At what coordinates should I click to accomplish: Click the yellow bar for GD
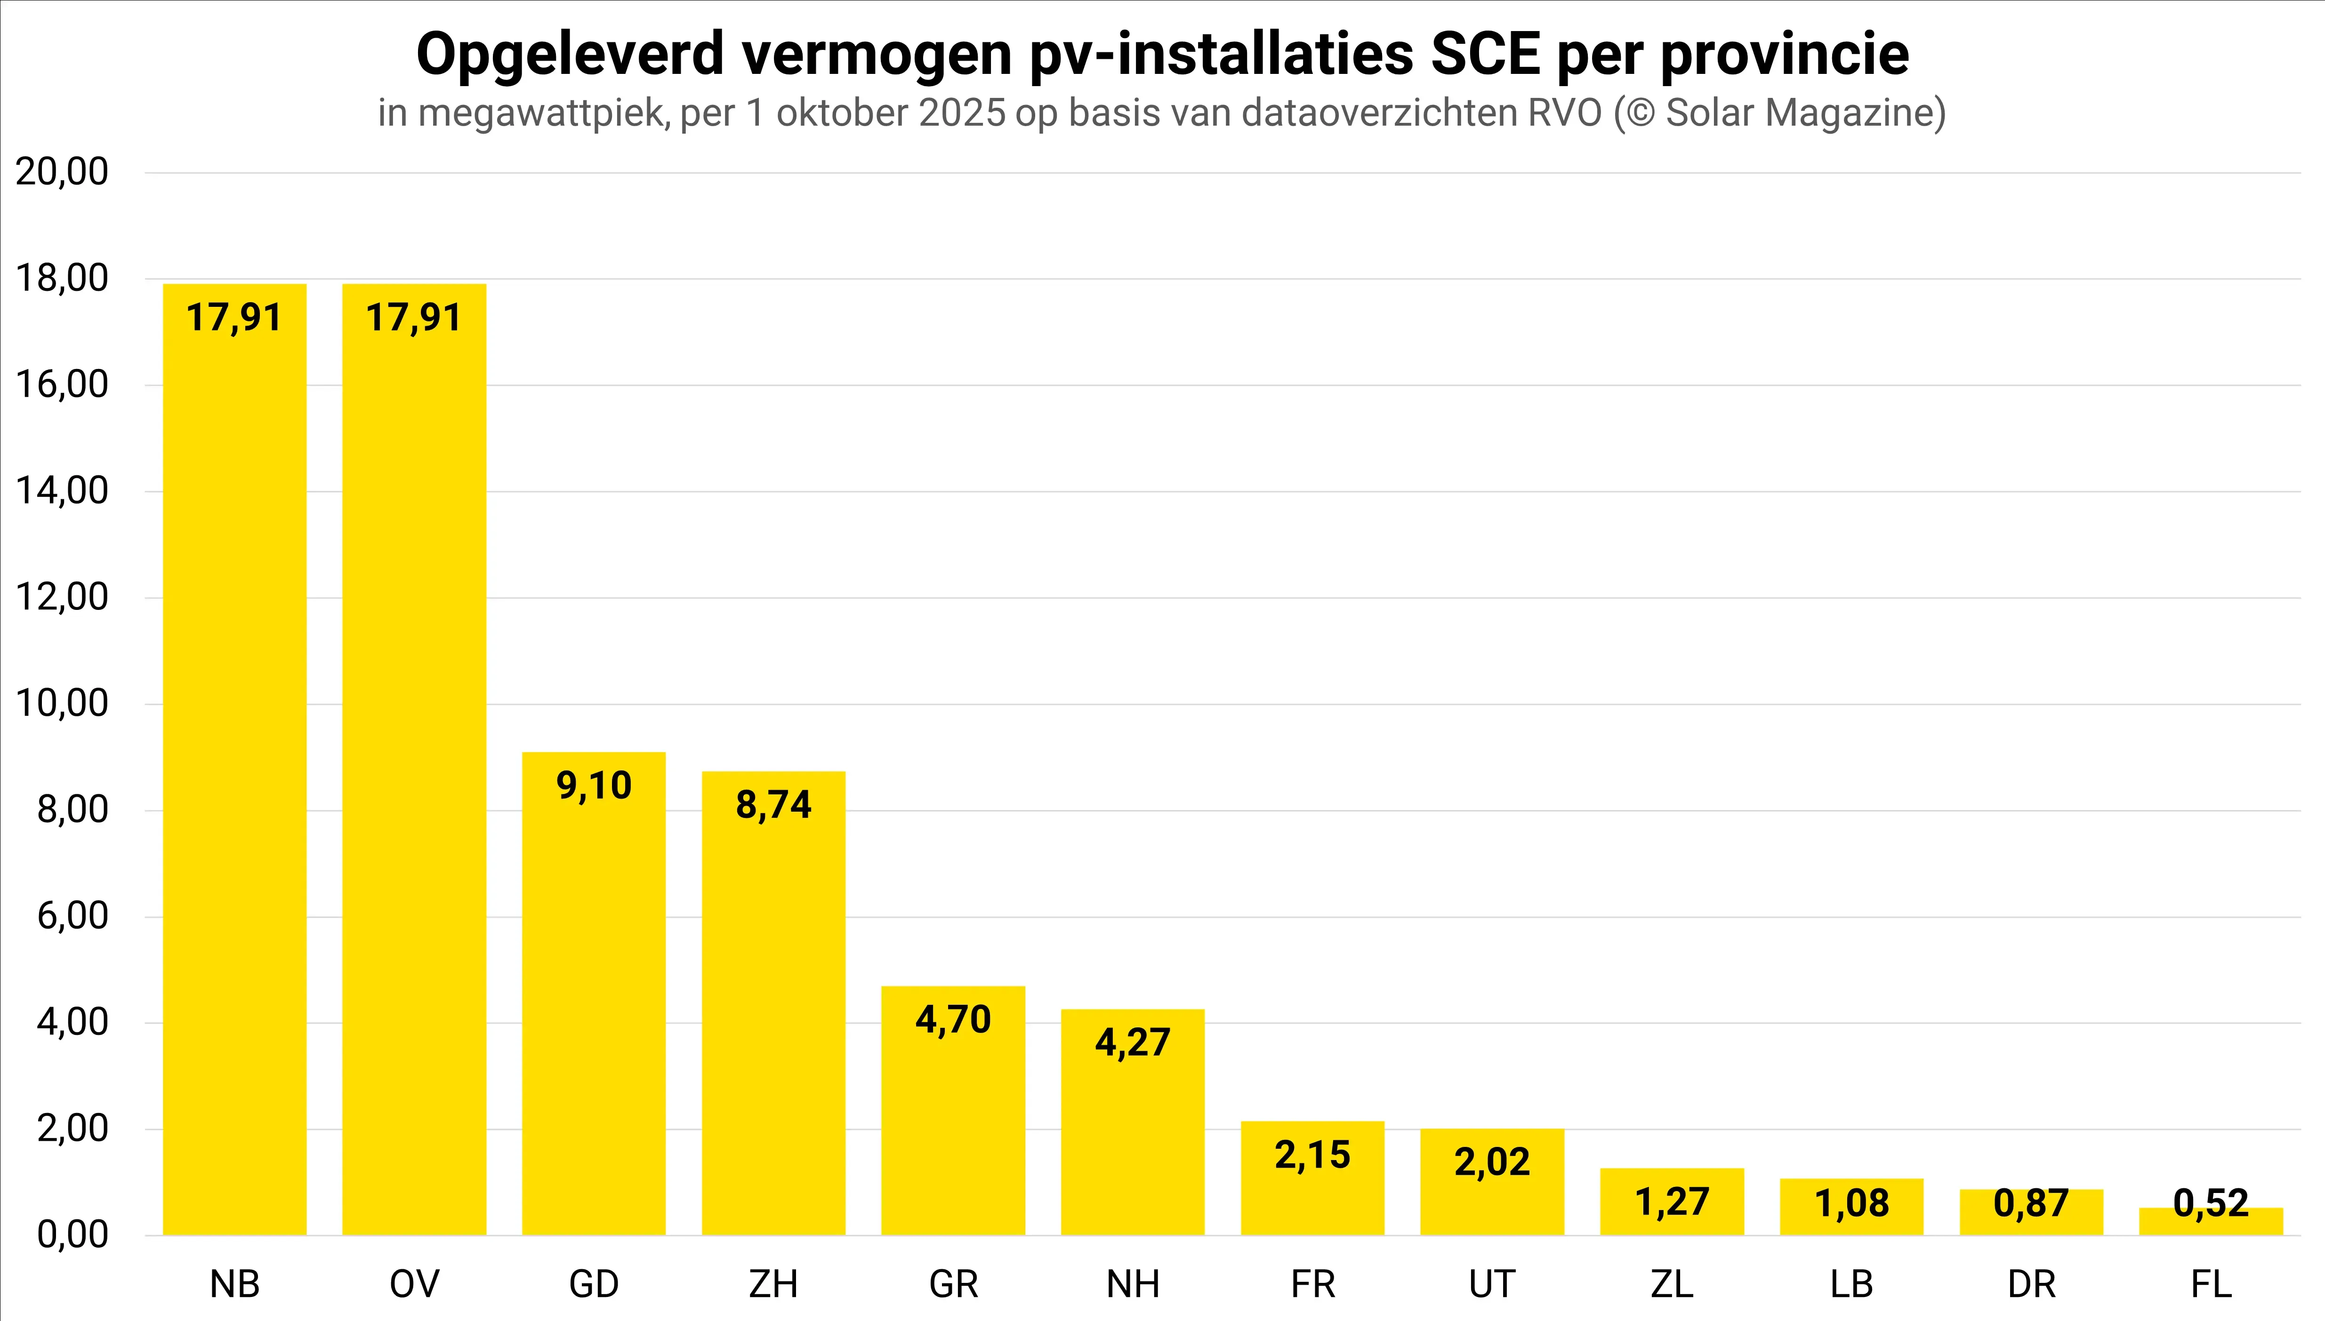594,998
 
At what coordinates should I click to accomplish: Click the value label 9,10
594,786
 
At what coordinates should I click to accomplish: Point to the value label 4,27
1133,1042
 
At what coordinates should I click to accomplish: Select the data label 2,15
1312,1155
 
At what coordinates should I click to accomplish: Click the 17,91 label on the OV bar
414,318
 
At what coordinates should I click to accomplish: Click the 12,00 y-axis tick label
62,597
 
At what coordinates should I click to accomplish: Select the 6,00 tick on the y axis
72,916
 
